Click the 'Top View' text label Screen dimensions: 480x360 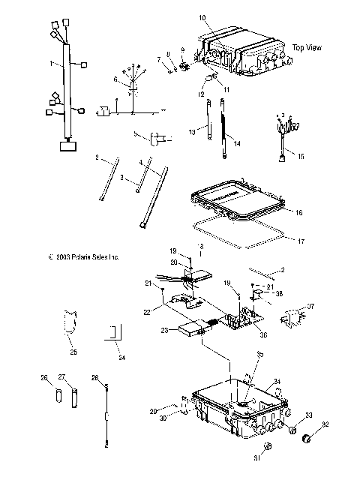point(307,47)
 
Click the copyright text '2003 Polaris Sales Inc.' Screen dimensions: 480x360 point(83,256)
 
